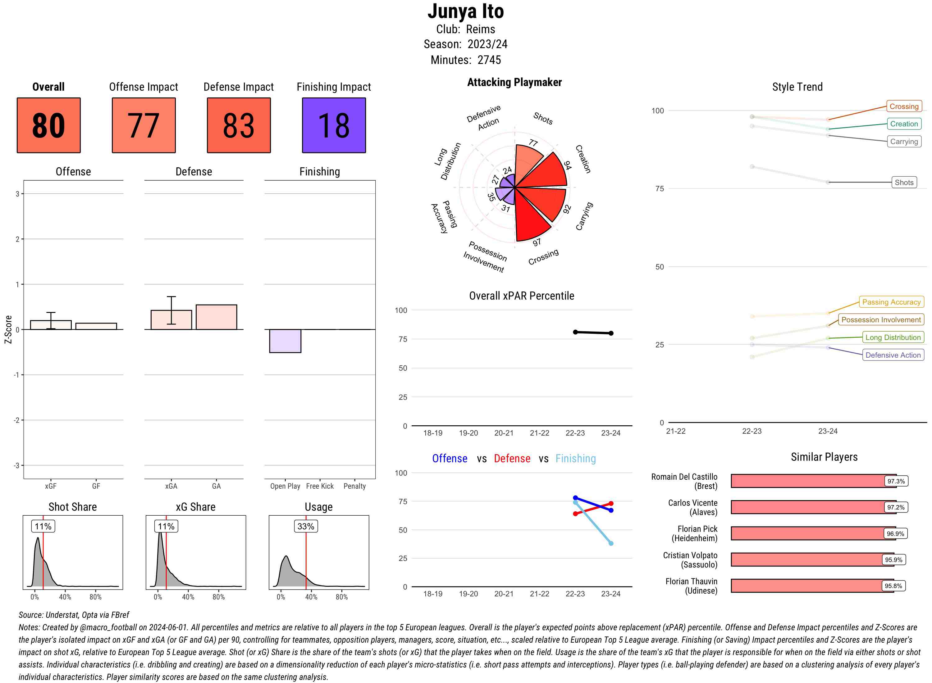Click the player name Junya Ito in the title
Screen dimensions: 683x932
pos(465,11)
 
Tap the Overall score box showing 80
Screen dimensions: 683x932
pos(48,125)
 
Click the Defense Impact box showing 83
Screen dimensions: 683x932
pos(239,125)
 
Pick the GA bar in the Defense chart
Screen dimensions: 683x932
pos(216,317)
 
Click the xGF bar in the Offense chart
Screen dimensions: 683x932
pos(51,325)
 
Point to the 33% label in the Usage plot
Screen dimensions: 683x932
pos(306,526)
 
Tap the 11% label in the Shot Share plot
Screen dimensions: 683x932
pos(43,526)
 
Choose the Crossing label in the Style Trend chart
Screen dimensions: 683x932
pos(903,106)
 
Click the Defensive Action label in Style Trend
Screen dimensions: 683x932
pos(893,355)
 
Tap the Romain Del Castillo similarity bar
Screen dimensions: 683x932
pos(813,481)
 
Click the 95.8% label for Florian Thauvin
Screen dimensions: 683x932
pos(893,586)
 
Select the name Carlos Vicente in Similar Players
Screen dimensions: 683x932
pos(692,507)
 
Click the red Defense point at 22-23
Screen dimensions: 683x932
pos(575,513)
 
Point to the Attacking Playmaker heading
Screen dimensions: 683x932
pos(514,82)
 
